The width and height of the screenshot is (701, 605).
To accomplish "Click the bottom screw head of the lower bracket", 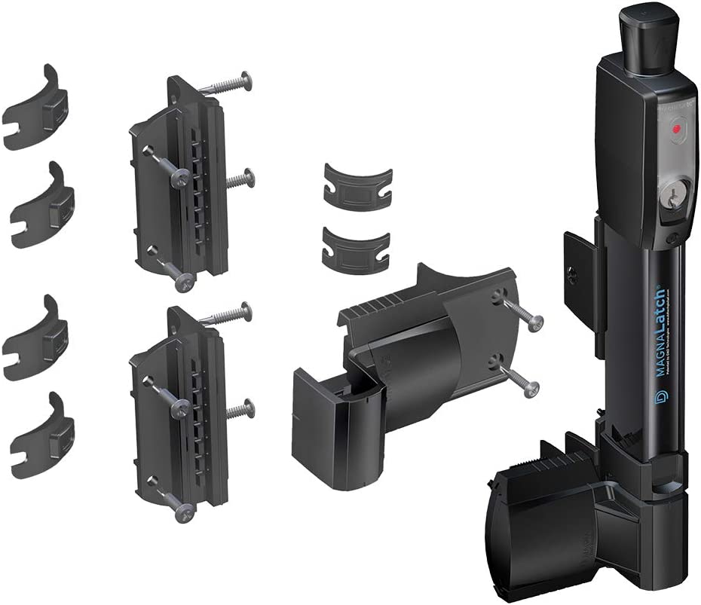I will tap(184, 512).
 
